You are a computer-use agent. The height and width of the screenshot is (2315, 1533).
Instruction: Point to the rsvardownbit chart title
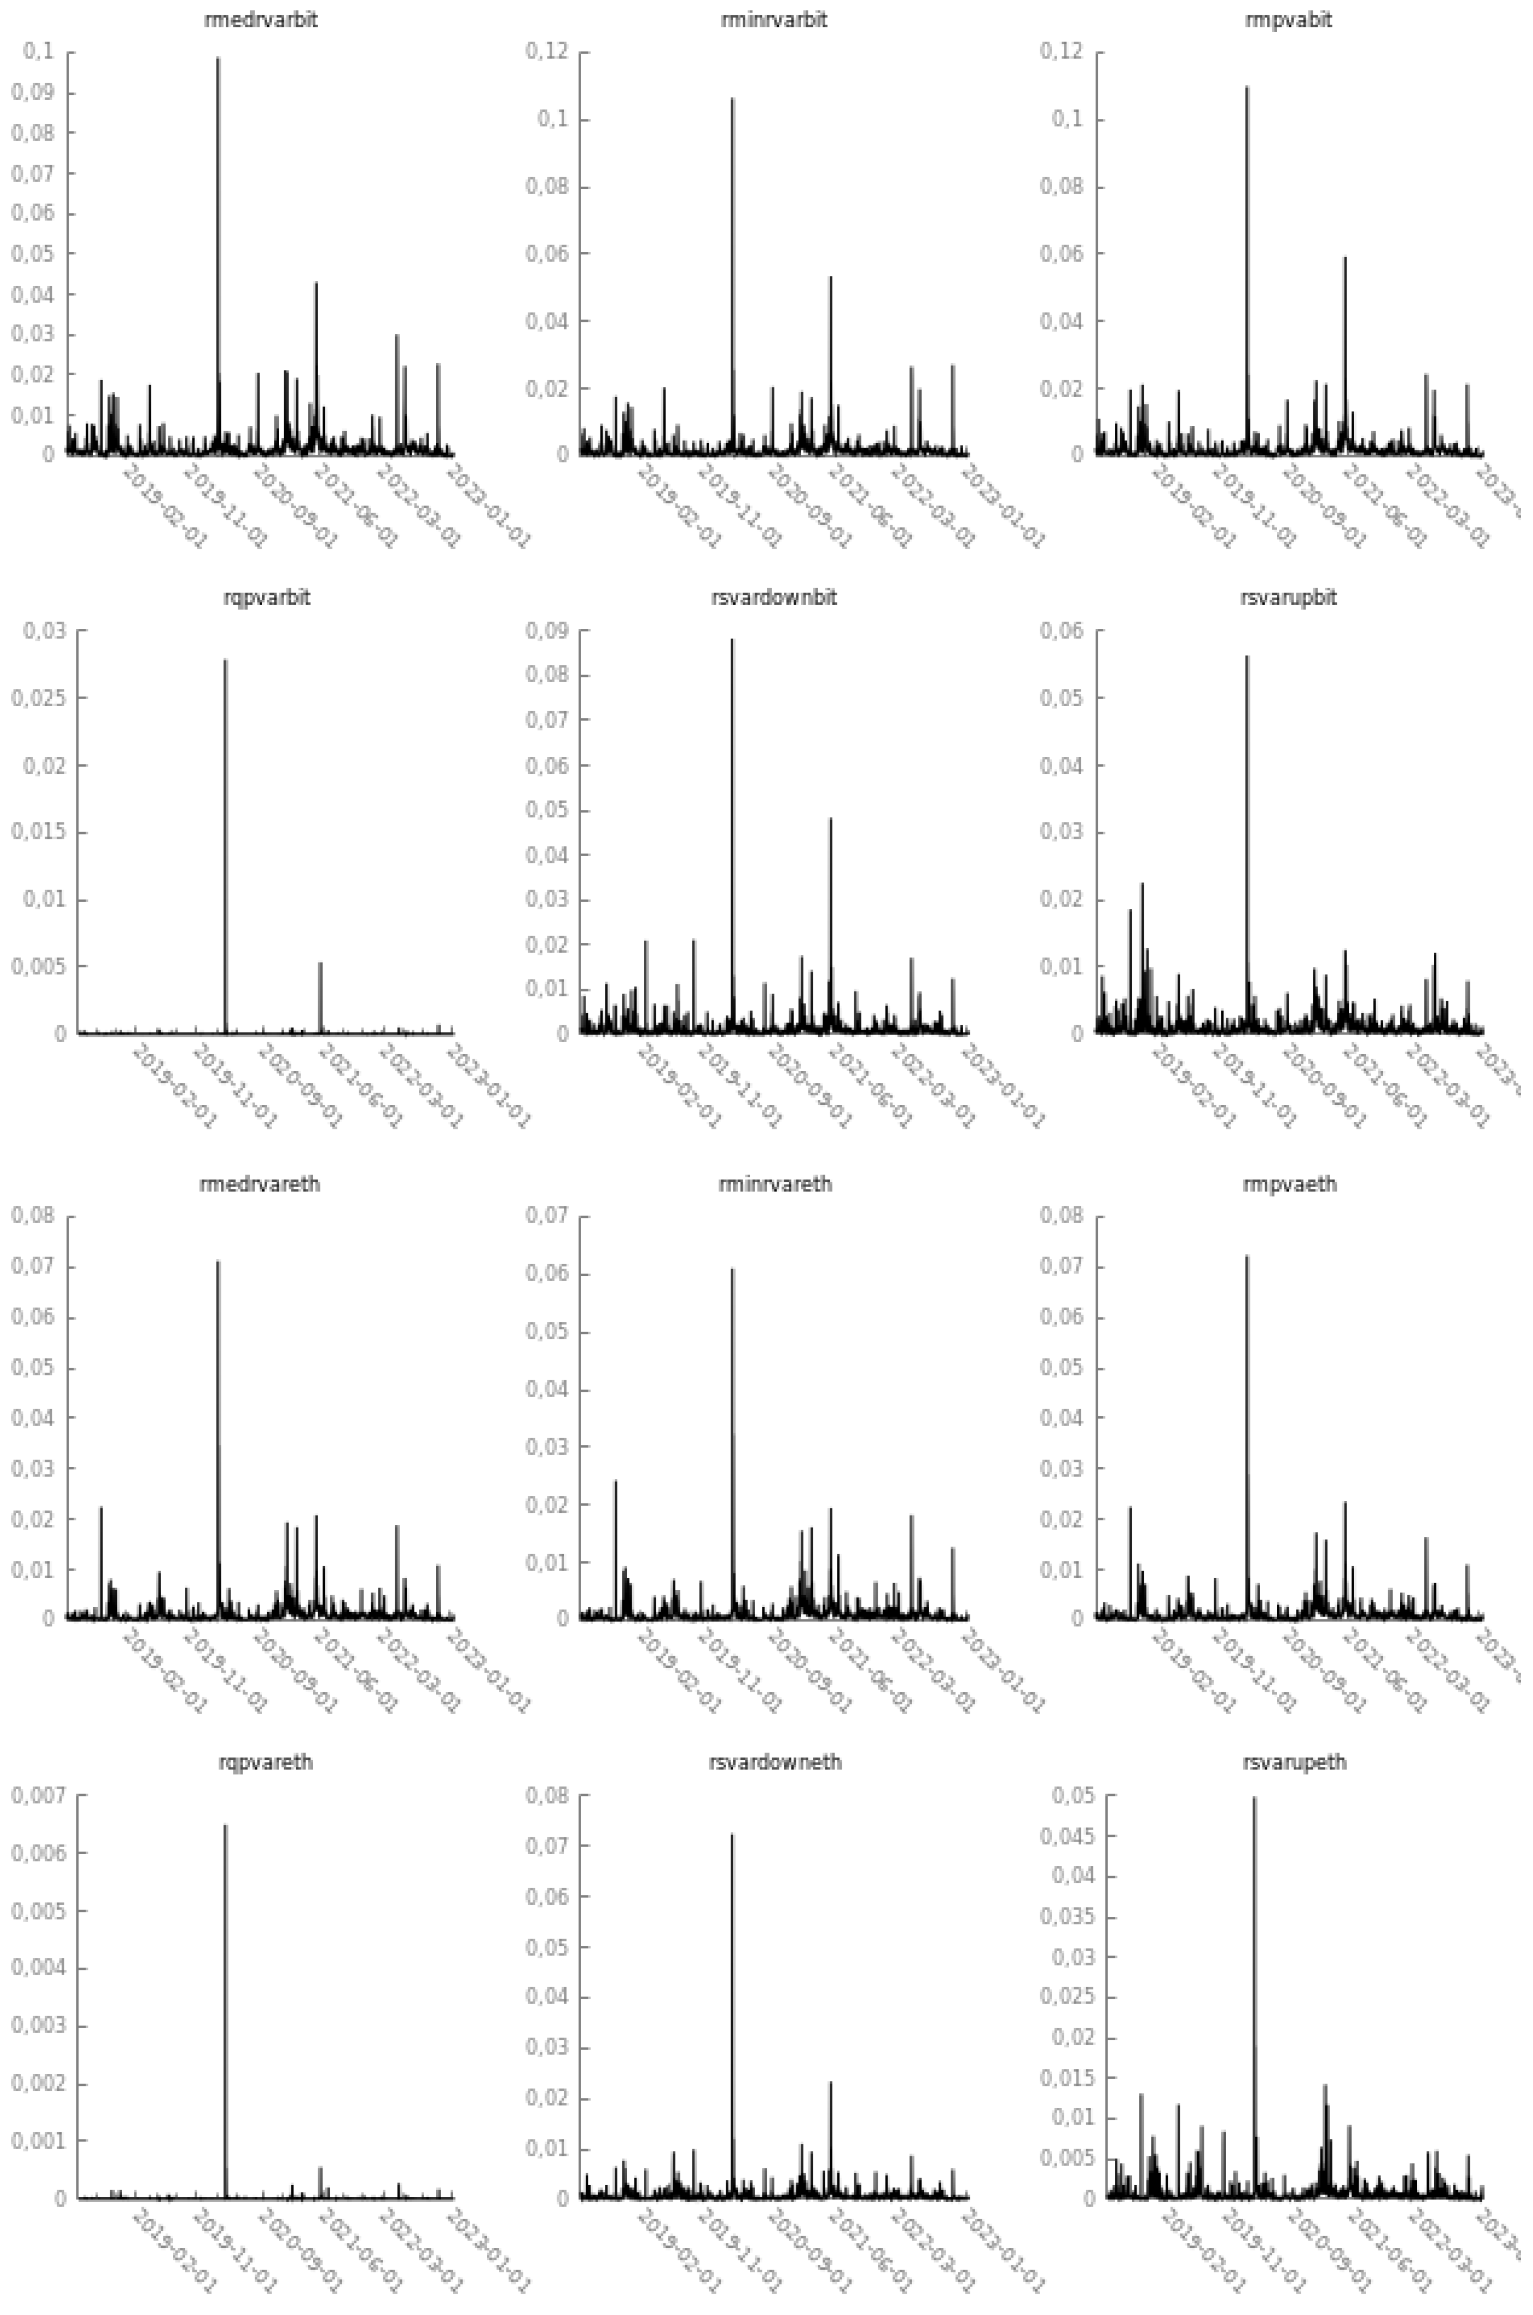pyautogui.click(x=774, y=598)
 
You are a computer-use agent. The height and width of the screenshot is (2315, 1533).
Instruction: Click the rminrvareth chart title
pyautogui.click(x=774, y=1184)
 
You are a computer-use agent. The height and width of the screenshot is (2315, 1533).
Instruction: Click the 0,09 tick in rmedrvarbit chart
pyautogui.click(x=32, y=93)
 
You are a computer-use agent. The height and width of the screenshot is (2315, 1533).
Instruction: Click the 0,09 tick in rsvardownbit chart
pyautogui.click(x=548, y=631)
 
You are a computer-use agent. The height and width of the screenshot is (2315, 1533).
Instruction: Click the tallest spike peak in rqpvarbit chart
pyautogui.click(x=226, y=661)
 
